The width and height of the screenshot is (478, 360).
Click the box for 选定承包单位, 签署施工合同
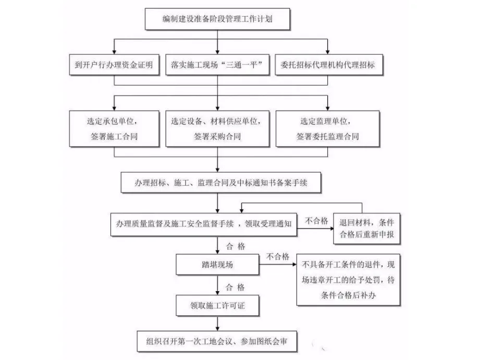tap(113, 128)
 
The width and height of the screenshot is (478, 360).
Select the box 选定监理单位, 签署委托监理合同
tap(327, 128)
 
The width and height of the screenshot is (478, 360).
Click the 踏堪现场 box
tap(217, 265)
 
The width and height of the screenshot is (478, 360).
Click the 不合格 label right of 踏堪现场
tap(278, 256)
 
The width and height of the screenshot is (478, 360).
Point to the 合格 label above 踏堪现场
tap(236, 245)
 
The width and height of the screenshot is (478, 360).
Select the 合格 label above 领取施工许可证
tap(235, 287)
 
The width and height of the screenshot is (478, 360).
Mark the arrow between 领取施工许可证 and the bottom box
tap(217, 323)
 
